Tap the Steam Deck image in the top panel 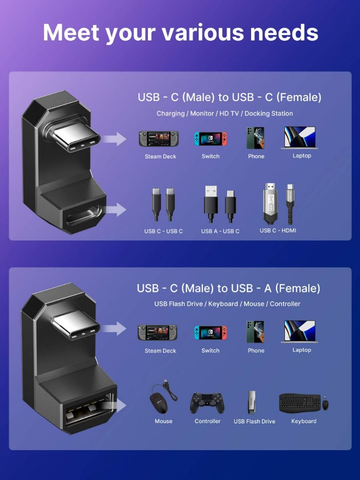(159, 139)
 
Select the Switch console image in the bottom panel (210, 333)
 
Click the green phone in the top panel (256, 138)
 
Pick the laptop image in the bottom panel (300, 332)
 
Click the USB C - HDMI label (278, 230)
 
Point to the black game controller (207, 403)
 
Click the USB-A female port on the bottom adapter (89, 412)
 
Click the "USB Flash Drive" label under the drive (254, 421)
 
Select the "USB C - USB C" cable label (163, 231)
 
